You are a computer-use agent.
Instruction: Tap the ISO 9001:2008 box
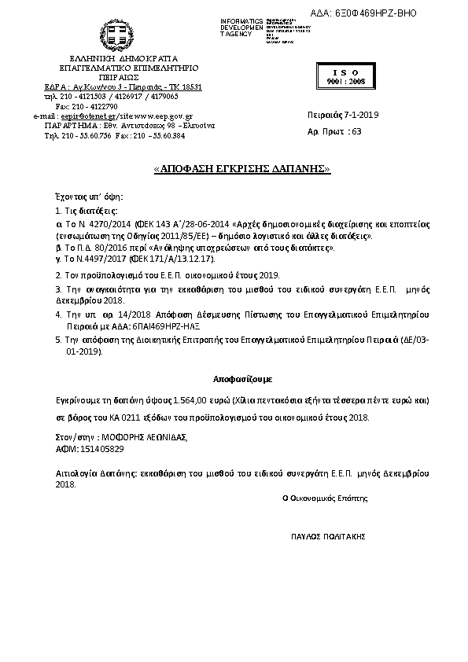(343, 75)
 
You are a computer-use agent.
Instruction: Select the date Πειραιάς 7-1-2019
(342, 115)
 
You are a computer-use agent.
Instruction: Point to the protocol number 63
(356, 131)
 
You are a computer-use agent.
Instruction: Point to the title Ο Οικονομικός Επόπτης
(325, 498)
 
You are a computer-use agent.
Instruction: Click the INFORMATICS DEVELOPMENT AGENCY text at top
(242, 27)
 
